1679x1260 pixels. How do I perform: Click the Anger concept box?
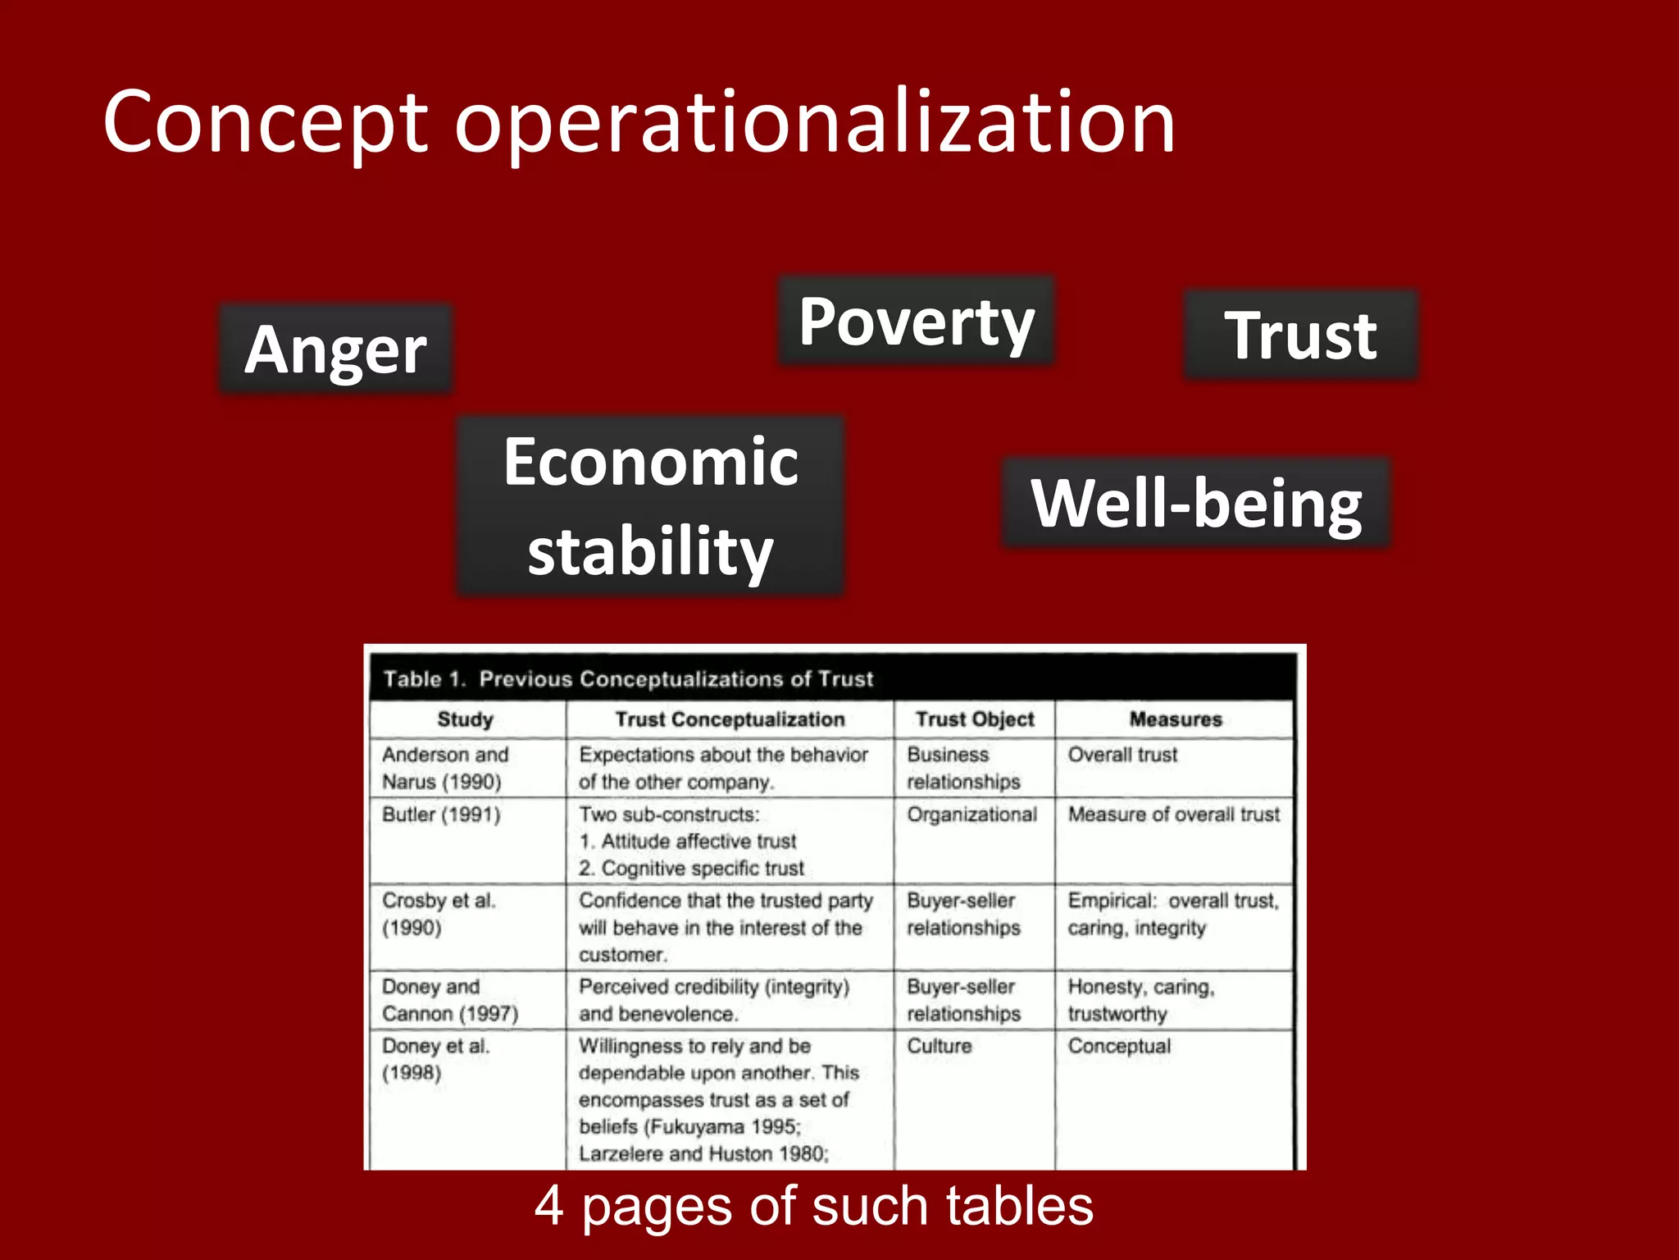click(x=335, y=349)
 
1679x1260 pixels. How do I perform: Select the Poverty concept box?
click(x=916, y=321)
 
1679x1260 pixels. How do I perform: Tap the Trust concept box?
click(x=1301, y=335)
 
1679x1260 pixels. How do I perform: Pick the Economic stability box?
click(x=651, y=505)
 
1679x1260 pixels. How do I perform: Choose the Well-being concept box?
click(x=1196, y=503)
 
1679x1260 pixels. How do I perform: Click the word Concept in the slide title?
click(x=266, y=123)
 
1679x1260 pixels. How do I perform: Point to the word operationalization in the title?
click(x=815, y=123)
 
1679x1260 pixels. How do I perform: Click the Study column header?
click(x=465, y=719)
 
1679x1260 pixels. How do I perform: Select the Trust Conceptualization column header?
click(x=730, y=719)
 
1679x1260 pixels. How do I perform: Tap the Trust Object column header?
click(x=975, y=719)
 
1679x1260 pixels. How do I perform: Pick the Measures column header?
click(x=1176, y=719)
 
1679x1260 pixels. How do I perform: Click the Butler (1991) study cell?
click(x=441, y=815)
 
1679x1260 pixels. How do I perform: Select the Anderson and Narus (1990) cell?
click(x=444, y=768)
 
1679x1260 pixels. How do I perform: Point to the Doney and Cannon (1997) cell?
click(x=450, y=1000)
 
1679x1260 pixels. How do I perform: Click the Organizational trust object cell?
click(x=971, y=815)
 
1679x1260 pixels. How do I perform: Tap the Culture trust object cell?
click(x=940, y=1046)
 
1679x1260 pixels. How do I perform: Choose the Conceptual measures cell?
click(x=1119, y=1046)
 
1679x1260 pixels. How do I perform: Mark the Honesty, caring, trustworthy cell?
click(x=1140, y=1000)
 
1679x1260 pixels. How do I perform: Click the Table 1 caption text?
click(x=628, y=679)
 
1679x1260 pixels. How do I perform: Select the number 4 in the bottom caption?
click(x=548, y=1206)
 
